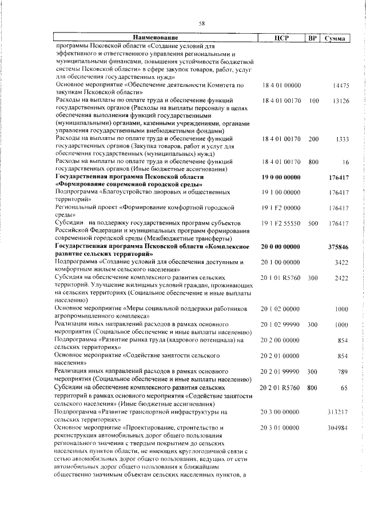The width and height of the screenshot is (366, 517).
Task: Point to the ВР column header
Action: click(x=312, y=38)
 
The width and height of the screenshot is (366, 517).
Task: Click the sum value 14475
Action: click(x=341, y=86)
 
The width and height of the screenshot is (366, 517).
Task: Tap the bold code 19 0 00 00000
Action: click(x=281, y=178)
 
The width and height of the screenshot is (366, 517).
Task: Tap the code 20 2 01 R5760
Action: click(x=282, y=387)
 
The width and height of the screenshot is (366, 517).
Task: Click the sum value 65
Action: click(x=345, y=387)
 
